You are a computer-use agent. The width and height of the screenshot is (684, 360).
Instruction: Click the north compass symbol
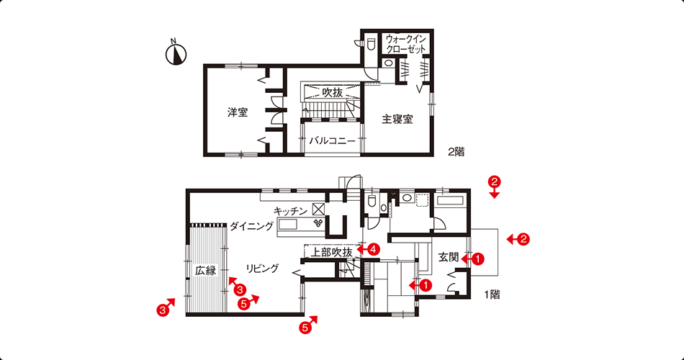[176, 53]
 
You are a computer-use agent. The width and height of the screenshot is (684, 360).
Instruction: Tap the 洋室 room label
[238, 112]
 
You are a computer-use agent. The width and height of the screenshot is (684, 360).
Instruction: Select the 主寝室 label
[397, 119]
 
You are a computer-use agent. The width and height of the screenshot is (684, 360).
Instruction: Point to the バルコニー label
[333, 141]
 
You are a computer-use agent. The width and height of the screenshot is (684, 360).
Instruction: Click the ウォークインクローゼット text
[405, 44]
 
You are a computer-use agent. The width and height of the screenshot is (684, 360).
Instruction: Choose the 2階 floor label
[456, 152]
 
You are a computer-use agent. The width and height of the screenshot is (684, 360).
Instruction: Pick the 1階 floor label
[492, 294]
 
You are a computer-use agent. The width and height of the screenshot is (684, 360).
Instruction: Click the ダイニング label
[252, 226]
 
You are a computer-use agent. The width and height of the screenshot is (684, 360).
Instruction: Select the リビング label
[262, 269]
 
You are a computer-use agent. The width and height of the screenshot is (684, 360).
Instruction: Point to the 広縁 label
[205, 271]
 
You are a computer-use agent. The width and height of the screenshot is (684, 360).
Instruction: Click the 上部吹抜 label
[331, 252]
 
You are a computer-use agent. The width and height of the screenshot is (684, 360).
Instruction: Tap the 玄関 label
[449, 258]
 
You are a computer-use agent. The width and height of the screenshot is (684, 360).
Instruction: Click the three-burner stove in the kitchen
[318, 223]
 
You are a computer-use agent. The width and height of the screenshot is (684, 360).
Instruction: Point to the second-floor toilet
[372, 44]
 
